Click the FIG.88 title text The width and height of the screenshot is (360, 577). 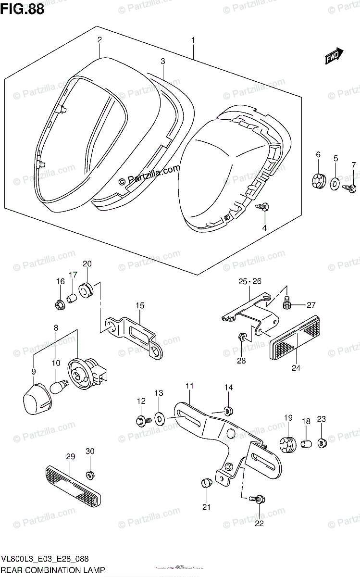coord(22,9)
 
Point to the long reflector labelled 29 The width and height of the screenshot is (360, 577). coord(73,482)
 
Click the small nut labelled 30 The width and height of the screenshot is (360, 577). coord(90,474)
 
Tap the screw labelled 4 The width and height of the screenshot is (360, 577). coord(262,207)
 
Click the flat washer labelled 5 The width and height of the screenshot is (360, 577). coord(335,183)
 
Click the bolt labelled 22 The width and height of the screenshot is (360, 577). coord(259,500)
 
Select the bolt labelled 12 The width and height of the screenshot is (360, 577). coord(143,420)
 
